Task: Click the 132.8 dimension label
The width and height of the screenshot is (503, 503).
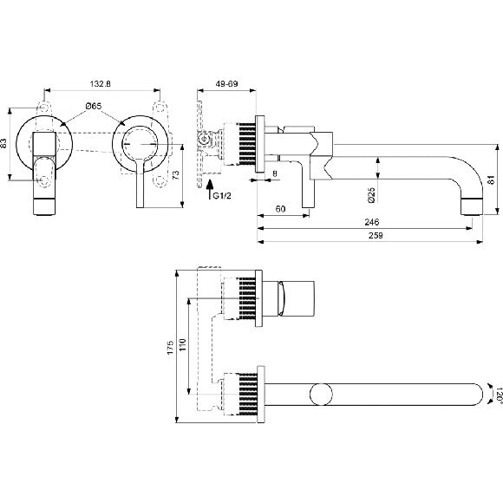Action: click(100, 84)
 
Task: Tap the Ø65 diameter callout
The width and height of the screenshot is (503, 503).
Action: click(94, 106)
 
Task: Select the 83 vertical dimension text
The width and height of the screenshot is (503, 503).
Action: click(3, 143)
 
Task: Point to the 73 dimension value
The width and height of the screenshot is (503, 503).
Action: click(175, 175)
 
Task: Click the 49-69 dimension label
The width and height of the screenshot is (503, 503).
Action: click(226, 84)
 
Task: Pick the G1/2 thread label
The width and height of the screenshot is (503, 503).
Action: click(222, 195)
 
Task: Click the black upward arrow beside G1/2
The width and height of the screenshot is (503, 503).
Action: click(209, 189)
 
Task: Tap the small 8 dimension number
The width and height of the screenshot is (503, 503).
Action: click(275, 173)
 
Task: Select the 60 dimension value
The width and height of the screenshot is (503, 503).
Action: click(280, 209)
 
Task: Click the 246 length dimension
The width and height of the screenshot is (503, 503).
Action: click(372, 222)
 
